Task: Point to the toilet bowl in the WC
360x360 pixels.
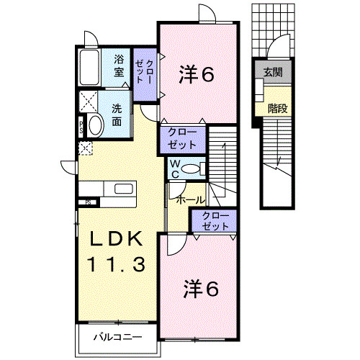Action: point(190,168)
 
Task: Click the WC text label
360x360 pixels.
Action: point(175,168)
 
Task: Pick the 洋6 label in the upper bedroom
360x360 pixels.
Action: point(196,73)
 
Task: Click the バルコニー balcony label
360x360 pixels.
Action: point(117,336)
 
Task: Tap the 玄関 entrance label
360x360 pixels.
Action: point(272,72)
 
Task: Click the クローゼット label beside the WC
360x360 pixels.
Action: point(182,138)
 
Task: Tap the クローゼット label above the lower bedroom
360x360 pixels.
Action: point(215,220)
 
